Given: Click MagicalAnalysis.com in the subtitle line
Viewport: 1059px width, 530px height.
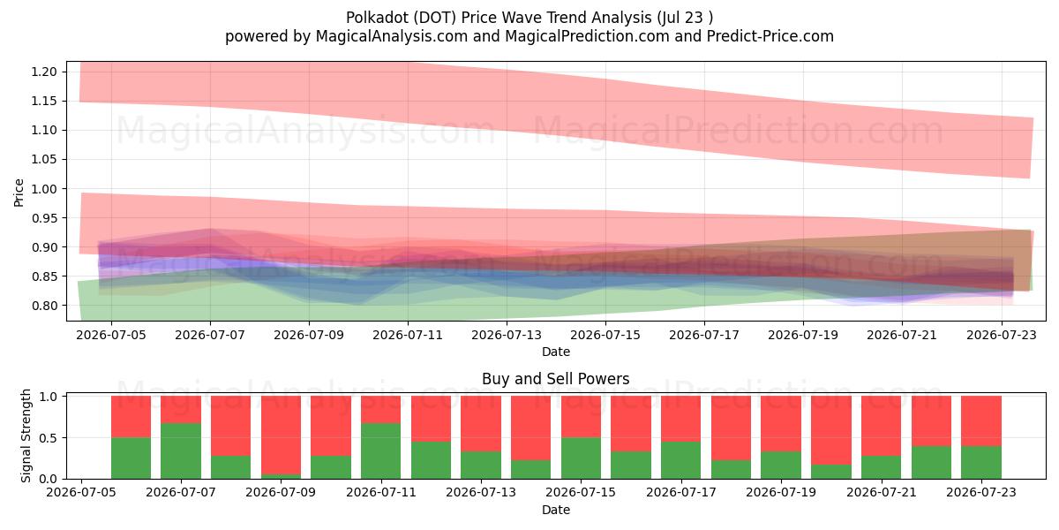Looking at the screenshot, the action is pos(392,36).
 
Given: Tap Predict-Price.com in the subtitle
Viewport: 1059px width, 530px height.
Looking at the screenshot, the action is pos(770,36).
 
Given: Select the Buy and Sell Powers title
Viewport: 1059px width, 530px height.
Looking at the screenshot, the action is pos(555,379).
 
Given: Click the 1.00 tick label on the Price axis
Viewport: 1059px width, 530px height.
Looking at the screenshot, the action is pos(44,189).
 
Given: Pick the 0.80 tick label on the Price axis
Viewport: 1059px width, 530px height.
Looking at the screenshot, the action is pos(44,306).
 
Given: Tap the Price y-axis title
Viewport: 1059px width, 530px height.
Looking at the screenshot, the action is pos(19,193).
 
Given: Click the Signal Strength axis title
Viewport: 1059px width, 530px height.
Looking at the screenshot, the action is pos(26,435).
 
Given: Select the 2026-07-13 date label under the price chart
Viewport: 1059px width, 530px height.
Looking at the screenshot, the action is pos(507,335).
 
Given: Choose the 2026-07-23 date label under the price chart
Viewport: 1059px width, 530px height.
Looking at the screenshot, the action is pos(1002,335).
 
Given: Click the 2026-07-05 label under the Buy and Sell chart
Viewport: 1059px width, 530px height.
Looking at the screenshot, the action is pos(81,492).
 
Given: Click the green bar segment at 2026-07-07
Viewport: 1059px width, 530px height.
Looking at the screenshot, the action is pos(181,451).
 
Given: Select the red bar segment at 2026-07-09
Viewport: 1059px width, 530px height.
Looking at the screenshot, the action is pos(281,435).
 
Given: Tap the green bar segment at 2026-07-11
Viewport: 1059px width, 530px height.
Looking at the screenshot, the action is pos(380,451).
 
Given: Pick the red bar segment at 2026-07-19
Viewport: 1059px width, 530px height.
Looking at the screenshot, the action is pos(781,423).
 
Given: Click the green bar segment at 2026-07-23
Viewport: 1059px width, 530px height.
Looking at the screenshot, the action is pos(981,462).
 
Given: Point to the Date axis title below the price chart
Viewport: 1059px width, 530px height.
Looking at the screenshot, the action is pos(555,352).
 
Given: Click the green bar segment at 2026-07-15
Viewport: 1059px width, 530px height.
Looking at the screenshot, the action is pos(581,458).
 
